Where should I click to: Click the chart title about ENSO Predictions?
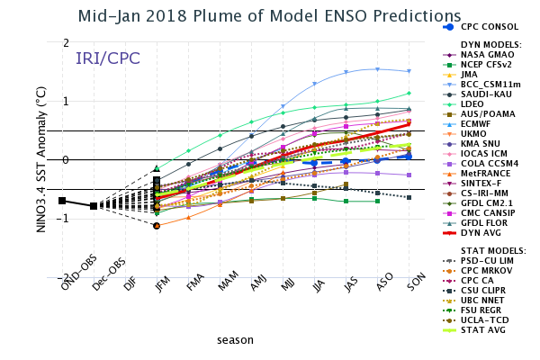point(269,16)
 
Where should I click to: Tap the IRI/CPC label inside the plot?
point(107,58)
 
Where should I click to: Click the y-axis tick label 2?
point(66,43)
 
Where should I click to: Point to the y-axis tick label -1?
point(64,219)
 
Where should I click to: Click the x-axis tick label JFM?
point(159,286)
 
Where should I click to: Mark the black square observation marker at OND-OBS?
point(62,201)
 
